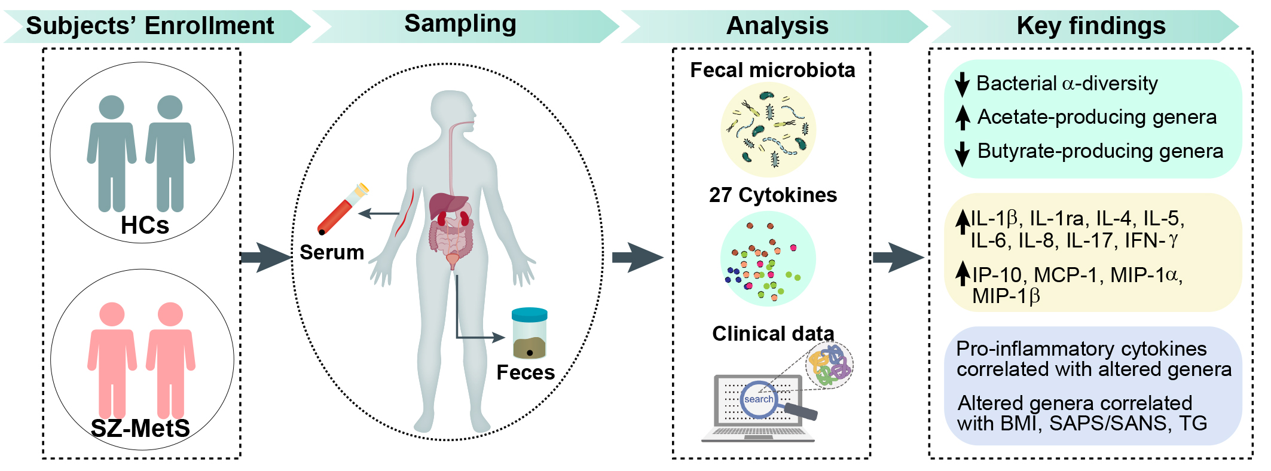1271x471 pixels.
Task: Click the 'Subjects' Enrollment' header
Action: (150, 26)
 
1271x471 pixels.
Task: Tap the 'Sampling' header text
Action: (460, 24)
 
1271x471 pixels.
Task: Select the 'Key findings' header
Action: (1091, 26)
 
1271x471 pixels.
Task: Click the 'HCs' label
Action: (145, 225)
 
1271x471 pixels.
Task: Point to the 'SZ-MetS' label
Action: (140, 428)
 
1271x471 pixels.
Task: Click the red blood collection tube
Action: (343, 209)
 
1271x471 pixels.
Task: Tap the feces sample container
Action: (530, 334)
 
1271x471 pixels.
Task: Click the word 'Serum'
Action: (332, 252)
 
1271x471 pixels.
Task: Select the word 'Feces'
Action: (525, 372)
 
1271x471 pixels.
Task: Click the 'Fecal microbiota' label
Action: (772, 70)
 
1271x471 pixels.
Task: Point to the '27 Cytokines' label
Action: (773, 195)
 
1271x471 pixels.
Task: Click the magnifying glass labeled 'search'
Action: (774, 402)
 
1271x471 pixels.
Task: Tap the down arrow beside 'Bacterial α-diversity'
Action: (962, 84)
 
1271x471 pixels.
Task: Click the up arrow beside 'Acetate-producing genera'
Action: (963, 118)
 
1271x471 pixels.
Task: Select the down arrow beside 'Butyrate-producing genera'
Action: (962, 153)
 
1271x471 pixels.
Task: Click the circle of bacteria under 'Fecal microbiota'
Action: (768, 130)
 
